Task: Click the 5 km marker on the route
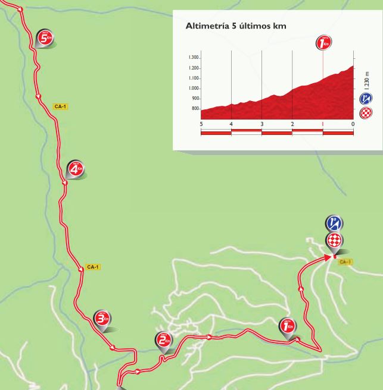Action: click(x=45, y=38)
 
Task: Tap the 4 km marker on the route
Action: click(x=75, y=169)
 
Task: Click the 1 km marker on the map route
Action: click(x=287, y=326)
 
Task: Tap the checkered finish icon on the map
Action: click(x=334, y=240)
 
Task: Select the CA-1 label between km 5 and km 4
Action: click(x=60, y=106)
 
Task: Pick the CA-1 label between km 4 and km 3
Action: click(x=92, y=267)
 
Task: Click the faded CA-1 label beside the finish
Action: click(x=345, y=262)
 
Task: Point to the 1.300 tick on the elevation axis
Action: click(x=193, y=57)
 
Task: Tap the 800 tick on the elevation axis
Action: click(x=194, y=109)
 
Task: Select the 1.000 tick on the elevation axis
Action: click(x=193, y=89)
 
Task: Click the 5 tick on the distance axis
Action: click(x=201, y=124)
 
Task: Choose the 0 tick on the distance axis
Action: click(x=353, y=124)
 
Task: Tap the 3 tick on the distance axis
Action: click(x=261, y=124)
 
